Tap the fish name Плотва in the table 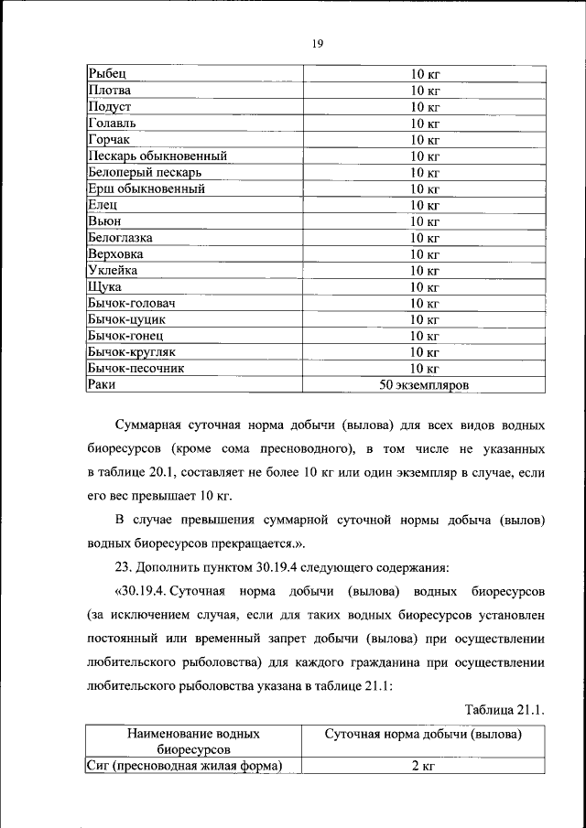[x=110, y=91]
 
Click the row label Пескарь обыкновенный [x=157, y=156]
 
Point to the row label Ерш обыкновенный [x=146, y=189]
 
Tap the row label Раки [x=102, y=385]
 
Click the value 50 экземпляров [x=424, y=386]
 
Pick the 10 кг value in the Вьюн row [x=424, y=221]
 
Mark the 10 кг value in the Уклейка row [x=424, y=271]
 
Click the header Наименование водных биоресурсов [x=193, y=742]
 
